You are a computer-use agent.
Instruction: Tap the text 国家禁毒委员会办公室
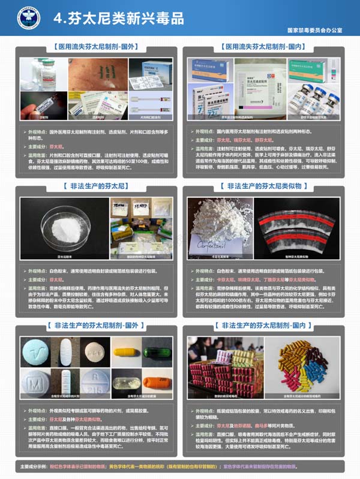click(x=314, y=29)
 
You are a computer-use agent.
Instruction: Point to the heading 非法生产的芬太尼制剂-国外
click(x=96, y=326)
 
